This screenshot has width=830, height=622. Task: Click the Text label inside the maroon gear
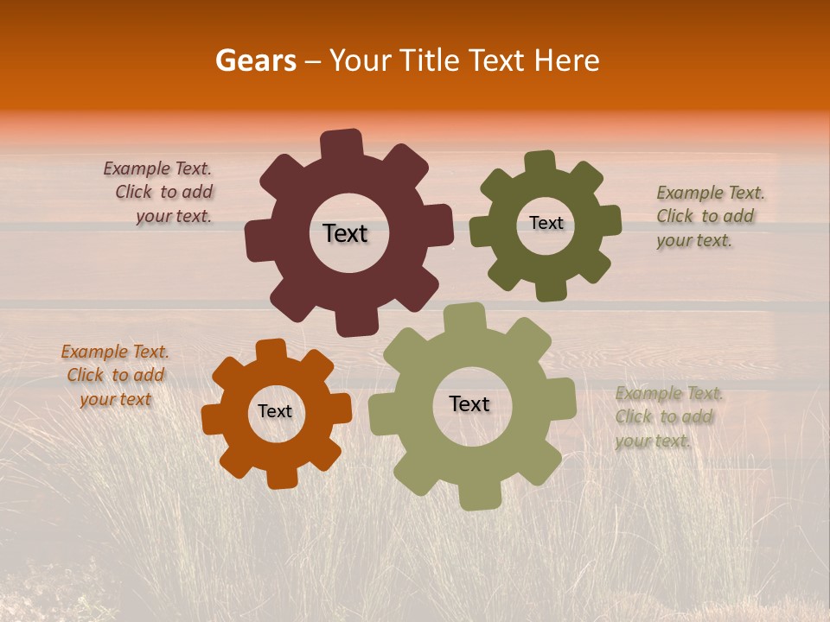point(345,233)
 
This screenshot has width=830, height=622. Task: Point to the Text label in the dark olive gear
point(546,223)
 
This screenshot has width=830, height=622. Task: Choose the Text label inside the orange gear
point(275,411)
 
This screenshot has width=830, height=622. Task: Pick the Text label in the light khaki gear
point(469,403)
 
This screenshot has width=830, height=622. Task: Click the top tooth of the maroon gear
point(342,143)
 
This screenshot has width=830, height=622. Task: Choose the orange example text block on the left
point(115,375)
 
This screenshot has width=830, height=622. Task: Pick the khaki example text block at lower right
point(668,416)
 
